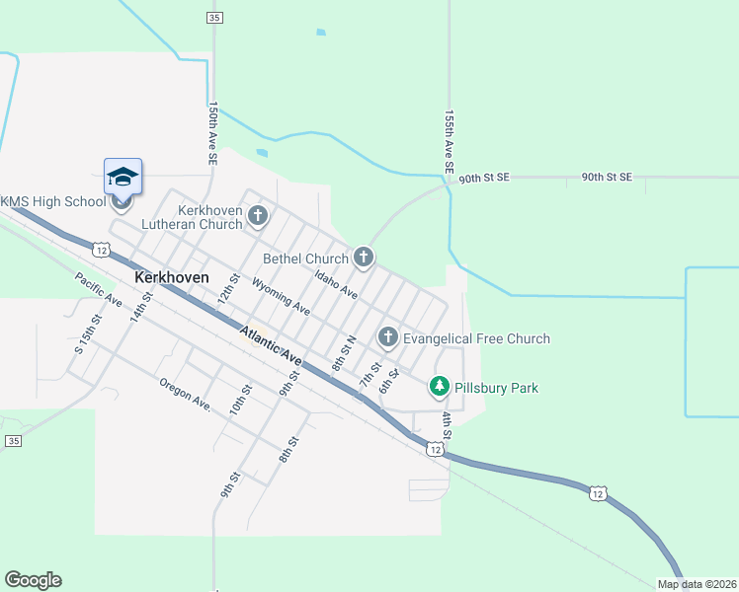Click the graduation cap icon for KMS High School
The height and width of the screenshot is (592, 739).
(123, 177)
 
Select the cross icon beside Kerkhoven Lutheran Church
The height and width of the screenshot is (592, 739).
(258, 215)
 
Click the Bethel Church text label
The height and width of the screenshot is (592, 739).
(305, 259)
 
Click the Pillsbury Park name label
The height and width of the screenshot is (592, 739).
(497, 388)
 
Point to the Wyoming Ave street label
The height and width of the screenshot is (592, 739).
(282, 297)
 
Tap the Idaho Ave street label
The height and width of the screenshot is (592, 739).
(336, 284)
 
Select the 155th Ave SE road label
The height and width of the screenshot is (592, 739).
(449, 142)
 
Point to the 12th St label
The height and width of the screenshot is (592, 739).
(229, 289)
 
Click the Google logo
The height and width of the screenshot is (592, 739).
(33, 580)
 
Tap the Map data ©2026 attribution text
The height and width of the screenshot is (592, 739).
(696, 584)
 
